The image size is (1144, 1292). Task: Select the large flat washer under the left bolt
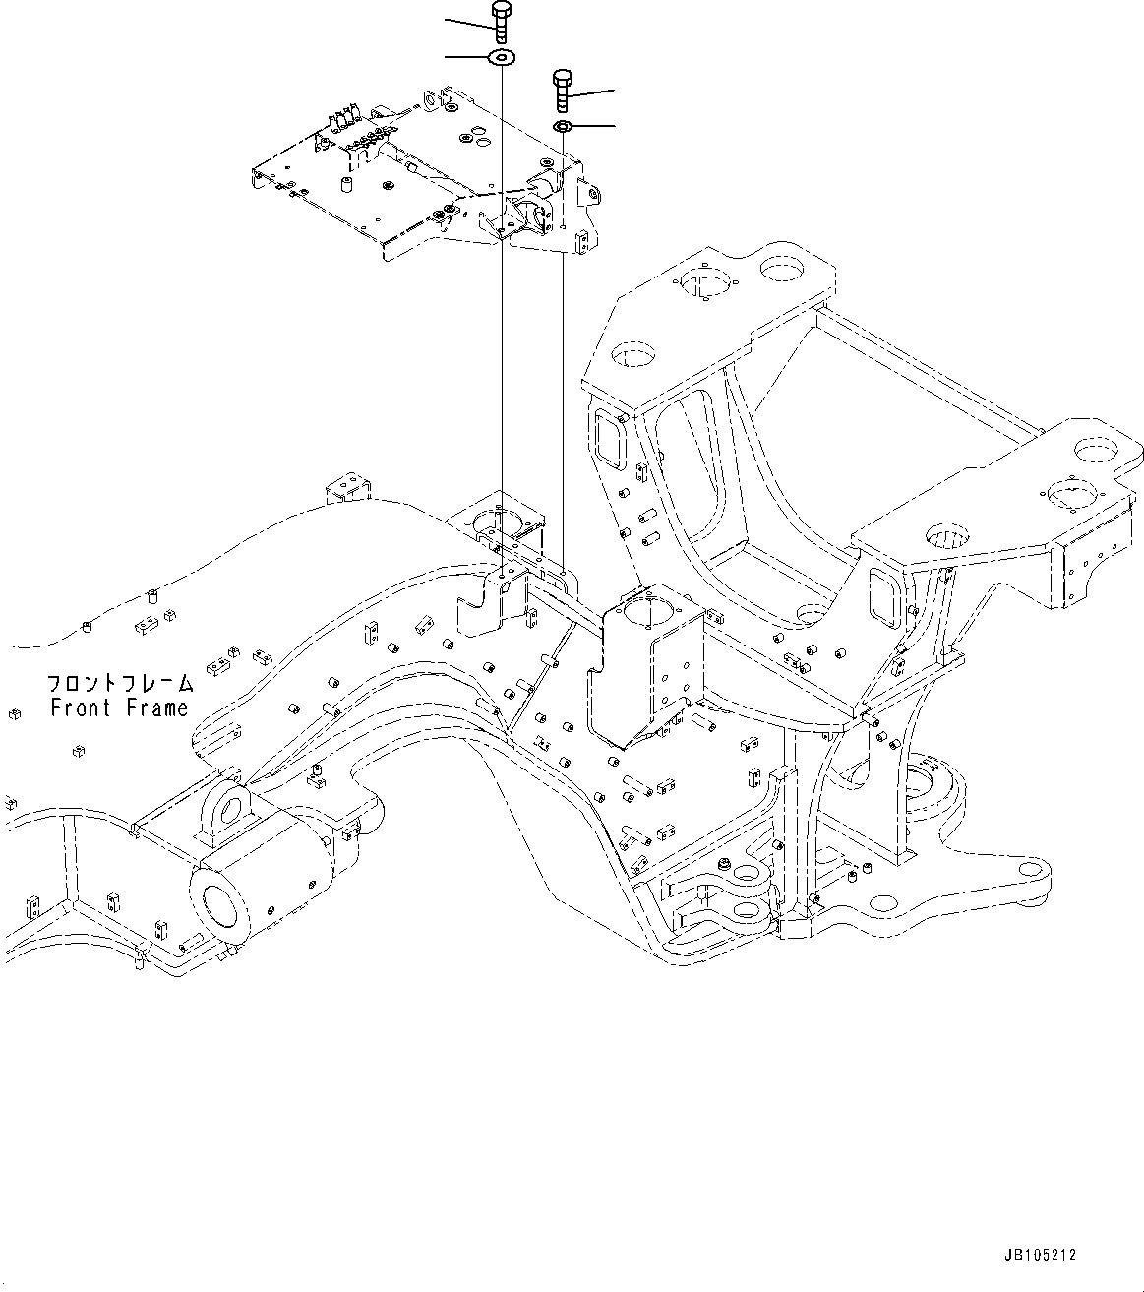tap(503, 59)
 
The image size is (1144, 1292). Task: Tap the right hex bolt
tap(563, 90)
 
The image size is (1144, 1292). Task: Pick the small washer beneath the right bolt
tap(563, 127)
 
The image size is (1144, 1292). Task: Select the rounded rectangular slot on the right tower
tap(885, 593)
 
